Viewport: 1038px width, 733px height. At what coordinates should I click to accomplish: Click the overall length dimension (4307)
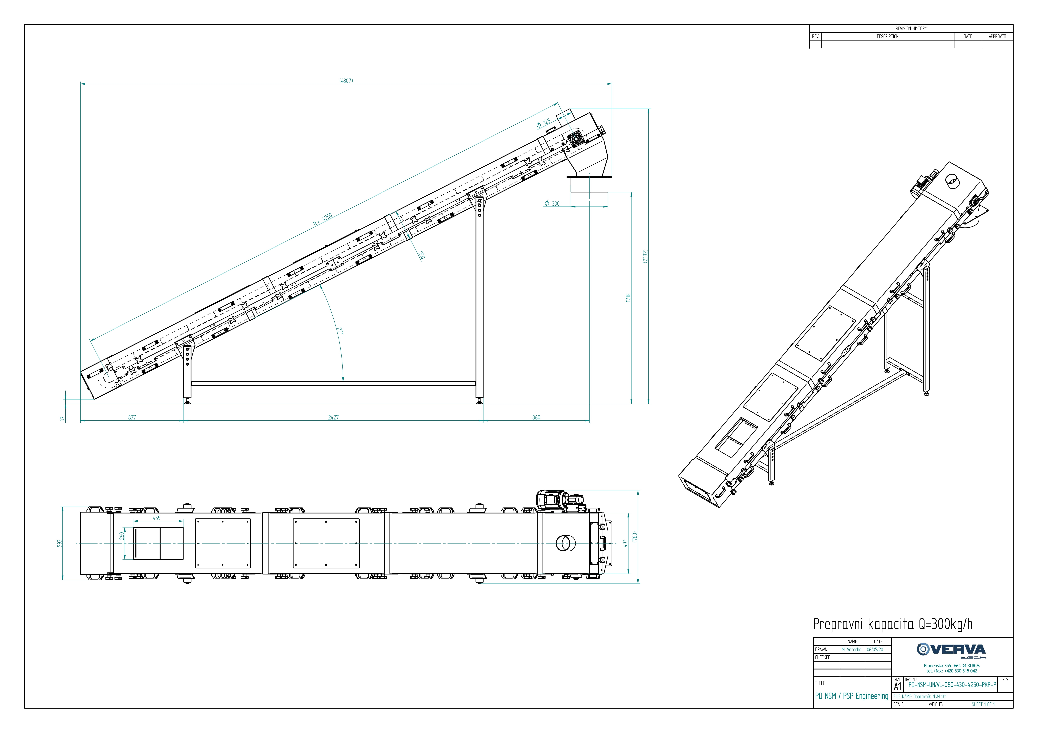click(346, 81)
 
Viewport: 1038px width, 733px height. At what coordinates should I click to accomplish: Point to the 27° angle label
click(340, 331)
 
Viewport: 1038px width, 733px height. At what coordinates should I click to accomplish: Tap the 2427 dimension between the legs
click(333, 418)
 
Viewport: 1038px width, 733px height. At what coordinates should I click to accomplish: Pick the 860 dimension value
click(536, 418)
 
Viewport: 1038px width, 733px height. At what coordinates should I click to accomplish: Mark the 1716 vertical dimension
click(628, 298)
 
